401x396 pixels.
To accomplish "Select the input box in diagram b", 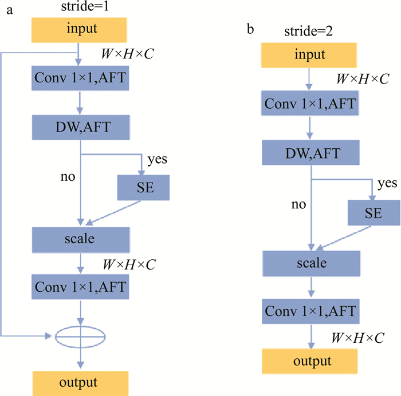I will point(309,56).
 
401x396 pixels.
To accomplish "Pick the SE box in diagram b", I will point(373,213).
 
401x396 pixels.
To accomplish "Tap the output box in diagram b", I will point(310,361).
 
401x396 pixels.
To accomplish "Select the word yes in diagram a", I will point(158,159).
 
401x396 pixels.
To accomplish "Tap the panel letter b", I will point(251,28).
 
